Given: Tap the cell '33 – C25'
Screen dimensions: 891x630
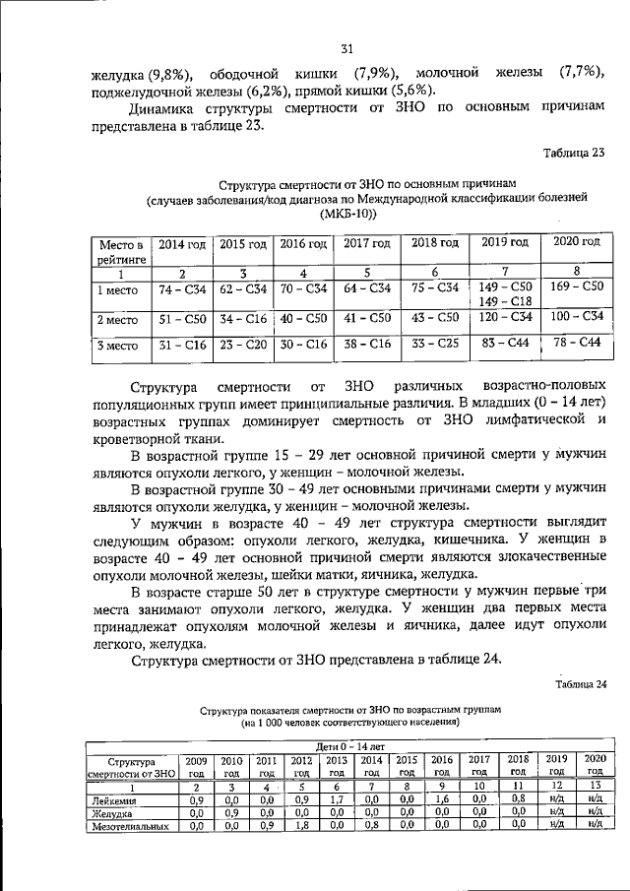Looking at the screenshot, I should (434, 346).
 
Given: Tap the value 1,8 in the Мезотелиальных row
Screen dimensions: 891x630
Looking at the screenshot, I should (300, 826).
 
